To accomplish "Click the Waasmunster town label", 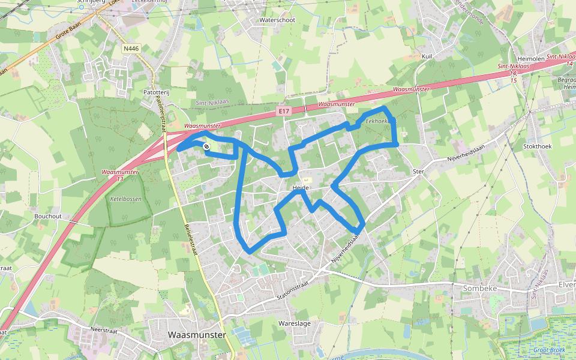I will (x=197, y=335).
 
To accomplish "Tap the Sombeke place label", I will (x=481, y=288).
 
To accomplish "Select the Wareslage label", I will (x=295, y=323).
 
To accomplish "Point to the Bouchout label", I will (x=48, y=216).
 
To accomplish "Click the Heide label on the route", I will (x=300, y=188).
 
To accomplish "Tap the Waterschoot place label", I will (x=277, y=20).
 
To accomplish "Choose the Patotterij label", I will (x=157, y=92).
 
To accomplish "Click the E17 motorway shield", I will (x=284, y=111).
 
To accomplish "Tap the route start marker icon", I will (x=206, y=146).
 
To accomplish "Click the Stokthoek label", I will (x=536, y=145).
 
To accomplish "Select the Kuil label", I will (x=427, y=56).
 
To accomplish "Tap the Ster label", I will (x=418, y=172).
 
